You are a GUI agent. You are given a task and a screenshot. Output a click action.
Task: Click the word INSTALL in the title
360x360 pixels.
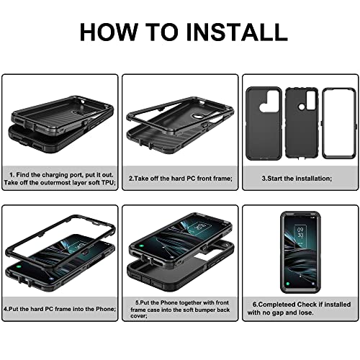click(237, 32)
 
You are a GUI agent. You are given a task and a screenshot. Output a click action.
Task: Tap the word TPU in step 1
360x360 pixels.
click(108, 182)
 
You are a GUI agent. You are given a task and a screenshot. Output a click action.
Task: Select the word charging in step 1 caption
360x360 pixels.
click(55, 175)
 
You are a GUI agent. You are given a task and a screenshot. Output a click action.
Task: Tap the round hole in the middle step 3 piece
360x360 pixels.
click(301, 108)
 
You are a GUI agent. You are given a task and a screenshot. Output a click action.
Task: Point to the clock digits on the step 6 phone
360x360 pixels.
click(300, 232)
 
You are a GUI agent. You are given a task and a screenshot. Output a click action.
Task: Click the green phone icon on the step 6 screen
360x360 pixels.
click(288, 284)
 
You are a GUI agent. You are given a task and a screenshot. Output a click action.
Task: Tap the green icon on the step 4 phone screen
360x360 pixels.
click(19, 267)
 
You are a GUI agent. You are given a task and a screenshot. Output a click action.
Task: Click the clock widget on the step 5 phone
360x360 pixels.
click(199, 226)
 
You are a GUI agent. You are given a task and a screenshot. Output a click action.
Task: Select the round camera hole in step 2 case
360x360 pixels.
click(195, 117)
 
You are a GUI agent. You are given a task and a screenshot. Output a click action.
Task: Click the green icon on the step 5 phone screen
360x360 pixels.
click(141, 246)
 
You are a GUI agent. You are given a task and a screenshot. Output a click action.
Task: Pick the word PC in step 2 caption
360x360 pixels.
click(191, 179)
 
